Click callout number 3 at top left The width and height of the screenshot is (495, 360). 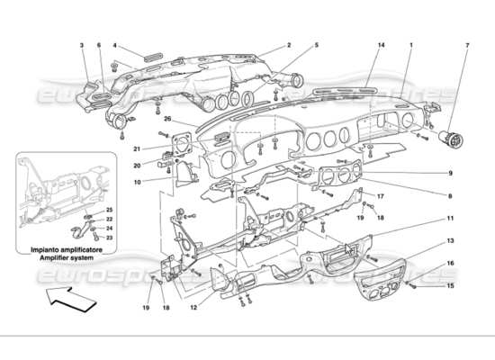pyautogui.click(x=82, y=45)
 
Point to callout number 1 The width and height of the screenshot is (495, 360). pyautogui.click(x=411, y=45)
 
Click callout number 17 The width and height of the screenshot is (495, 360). pyautogui.click(x=381, y=196)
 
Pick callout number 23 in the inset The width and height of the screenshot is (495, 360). pyautogui.click(x=109, y=238)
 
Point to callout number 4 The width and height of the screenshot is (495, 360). pyautogui.click(x=114, y=45)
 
